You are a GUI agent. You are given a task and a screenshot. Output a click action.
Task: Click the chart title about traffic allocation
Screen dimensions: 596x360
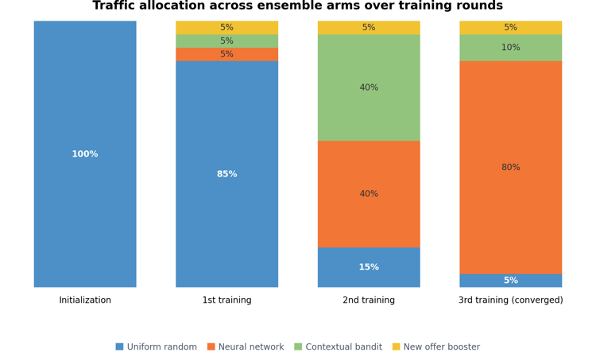pos(298,6)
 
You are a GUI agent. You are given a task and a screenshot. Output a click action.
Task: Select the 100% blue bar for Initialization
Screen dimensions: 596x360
pos(85,154)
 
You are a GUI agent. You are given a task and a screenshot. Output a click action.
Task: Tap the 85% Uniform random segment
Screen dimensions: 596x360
pos(227,174)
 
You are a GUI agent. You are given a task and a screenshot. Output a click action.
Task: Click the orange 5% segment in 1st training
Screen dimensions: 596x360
pos(227,54)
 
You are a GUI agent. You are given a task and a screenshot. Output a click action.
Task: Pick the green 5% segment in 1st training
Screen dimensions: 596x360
pos(227,41)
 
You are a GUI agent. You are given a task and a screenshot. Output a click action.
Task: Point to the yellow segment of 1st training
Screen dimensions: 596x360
pos(227,28)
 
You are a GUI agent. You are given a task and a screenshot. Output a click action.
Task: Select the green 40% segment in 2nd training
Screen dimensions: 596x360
pos(369,87)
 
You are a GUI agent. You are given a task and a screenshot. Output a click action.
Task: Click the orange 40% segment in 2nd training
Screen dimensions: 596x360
pos(369,194)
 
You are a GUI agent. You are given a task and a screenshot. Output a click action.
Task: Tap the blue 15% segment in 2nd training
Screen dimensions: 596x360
pos(369,267)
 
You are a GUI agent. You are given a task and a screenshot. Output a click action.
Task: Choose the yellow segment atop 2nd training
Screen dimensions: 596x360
pos(369,28)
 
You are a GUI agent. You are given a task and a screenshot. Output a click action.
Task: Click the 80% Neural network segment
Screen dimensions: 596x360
pos(510,168)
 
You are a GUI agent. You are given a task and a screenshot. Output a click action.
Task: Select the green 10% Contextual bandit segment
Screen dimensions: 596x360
pos(510,48)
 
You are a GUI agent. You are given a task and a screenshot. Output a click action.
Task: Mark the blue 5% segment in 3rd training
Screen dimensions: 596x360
pos(510,281)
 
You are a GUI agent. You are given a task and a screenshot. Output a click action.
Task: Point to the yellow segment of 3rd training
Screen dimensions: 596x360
pos(510,28)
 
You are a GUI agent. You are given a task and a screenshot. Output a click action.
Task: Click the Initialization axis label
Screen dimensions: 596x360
pos(85,300)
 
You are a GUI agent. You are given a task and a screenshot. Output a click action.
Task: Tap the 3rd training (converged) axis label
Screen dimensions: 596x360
pos(510,300)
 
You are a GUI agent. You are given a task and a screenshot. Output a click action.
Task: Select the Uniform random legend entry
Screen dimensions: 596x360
pos(157,346)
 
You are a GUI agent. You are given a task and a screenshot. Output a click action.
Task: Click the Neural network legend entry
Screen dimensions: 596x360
pos(246,346)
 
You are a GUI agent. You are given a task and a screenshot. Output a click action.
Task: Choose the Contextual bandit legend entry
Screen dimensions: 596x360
pos(339,346)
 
